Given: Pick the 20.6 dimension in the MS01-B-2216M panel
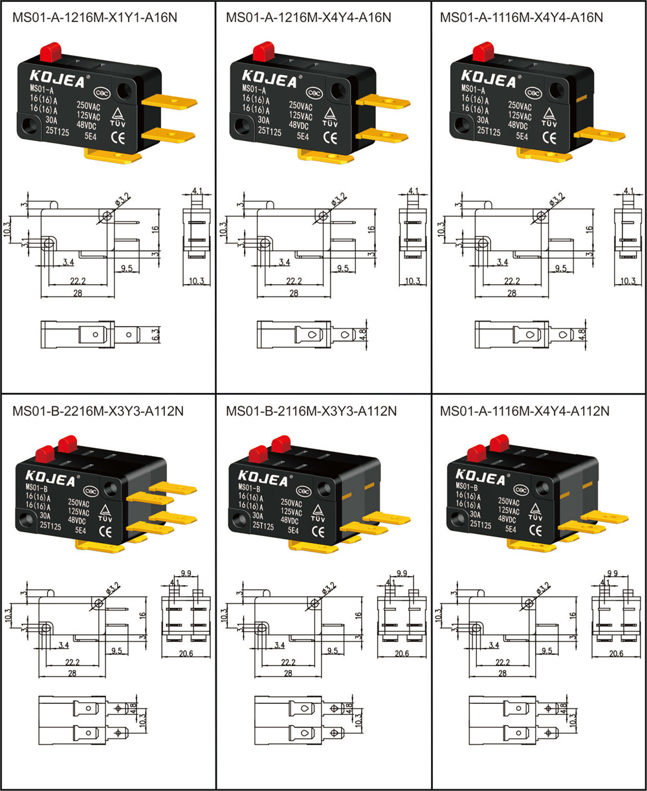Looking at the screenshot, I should click(186, 654).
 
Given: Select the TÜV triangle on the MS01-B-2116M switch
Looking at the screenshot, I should click(318, 510).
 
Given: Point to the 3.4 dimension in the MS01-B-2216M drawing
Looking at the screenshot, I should click(63, 645).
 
